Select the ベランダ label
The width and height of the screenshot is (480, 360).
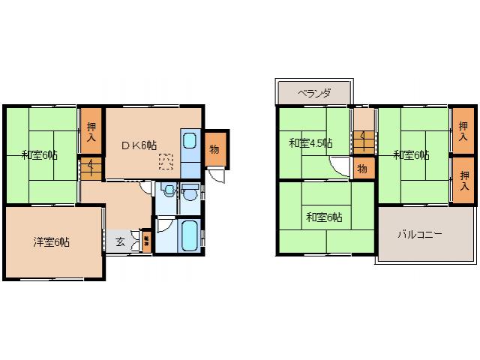click(x=313, y=94)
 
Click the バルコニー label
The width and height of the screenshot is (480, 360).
click(x=420, y=234)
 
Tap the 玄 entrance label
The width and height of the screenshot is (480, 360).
click(x=120, y=241)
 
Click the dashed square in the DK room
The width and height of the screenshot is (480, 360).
click(x=165, y=160)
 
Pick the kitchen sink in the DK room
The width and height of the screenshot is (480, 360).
click(x=189, y=141)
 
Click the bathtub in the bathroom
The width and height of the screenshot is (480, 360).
click(x=188, y=235)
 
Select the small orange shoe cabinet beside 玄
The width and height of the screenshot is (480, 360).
click(x=146, y=241)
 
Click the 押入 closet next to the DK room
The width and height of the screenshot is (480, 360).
click(x=91, y=133)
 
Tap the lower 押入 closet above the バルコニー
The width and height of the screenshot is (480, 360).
click(x=463, y=180)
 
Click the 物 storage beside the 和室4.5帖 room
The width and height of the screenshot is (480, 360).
click(x=361, y=169)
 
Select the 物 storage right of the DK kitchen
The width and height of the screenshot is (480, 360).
click(x=214, y=148)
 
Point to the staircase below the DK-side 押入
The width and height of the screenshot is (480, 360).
click(x=91, y=167)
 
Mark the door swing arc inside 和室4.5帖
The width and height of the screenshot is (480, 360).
click(x=340, y=168)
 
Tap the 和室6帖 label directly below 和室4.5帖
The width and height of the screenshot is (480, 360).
click(x=324, y=217)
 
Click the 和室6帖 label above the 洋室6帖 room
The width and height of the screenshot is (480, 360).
click(x=39, y=155)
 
